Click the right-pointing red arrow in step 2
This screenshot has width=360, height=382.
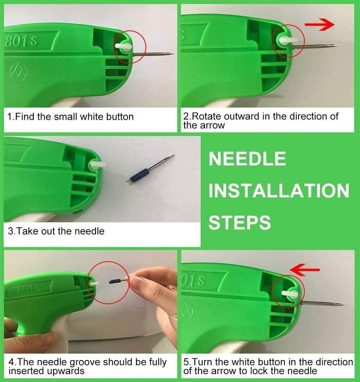[320, 24]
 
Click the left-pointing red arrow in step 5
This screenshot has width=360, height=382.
[305, 269]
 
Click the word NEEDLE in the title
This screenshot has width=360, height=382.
[247, 159]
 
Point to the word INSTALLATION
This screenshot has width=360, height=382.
[279, 191]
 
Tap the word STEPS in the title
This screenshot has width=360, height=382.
[240, 222]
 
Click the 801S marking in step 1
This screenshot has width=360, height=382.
[21, 41]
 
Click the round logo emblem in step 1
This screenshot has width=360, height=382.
[18, 71]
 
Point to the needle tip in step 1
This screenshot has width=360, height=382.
[173, 54]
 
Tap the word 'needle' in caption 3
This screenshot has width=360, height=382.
[90, 231]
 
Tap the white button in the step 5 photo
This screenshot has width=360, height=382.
[290, 294]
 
